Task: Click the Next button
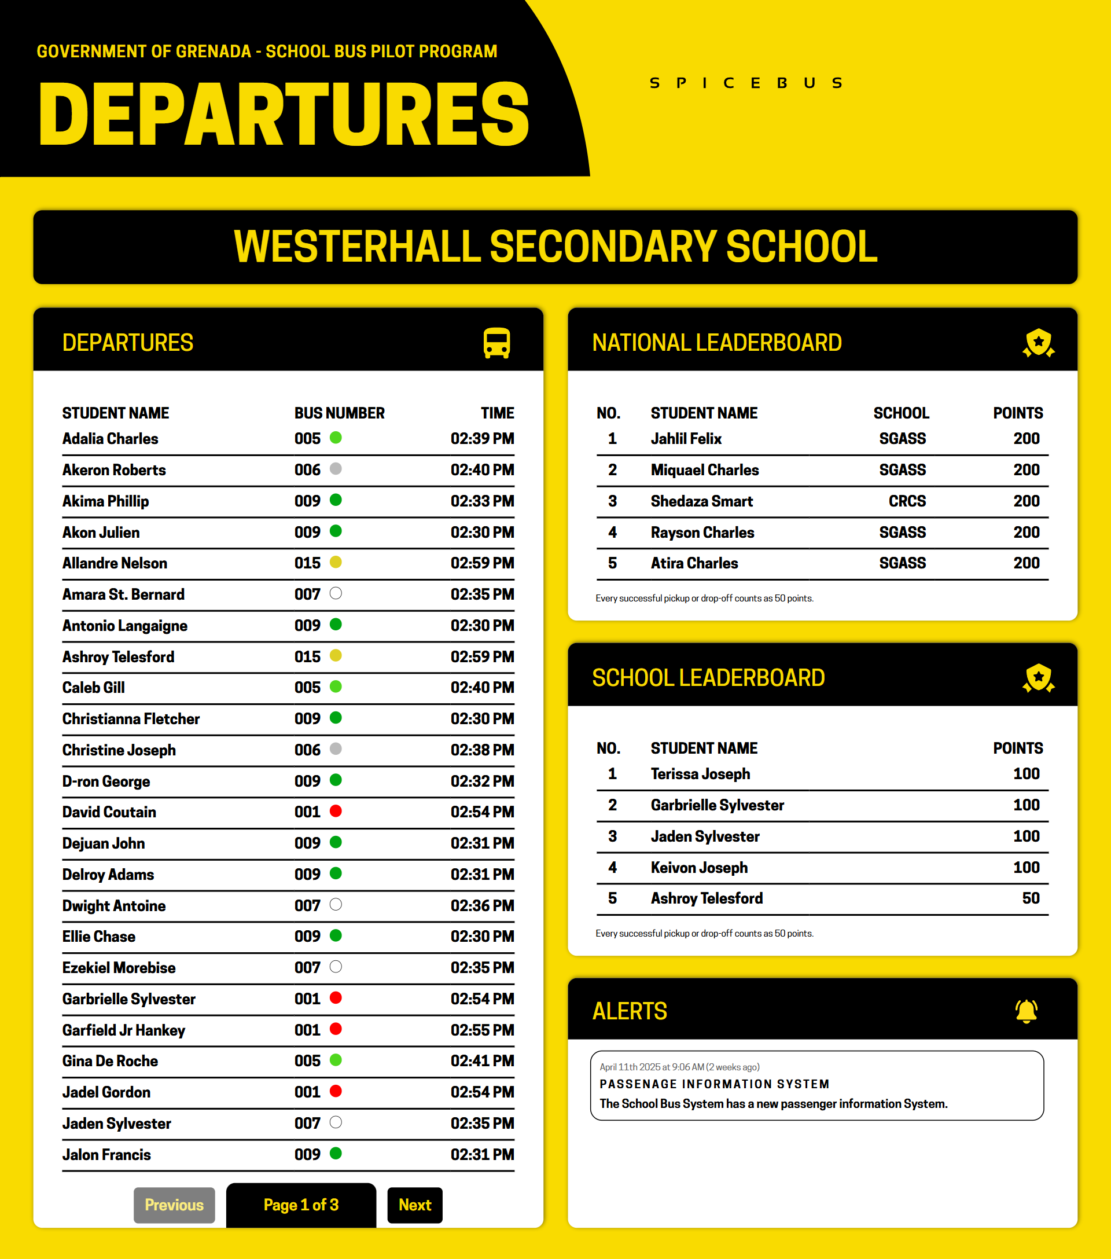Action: [414, 1205]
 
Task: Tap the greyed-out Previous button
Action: [174, 1205]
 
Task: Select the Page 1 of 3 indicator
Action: [301, 1205]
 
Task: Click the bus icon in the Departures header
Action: [496, 343]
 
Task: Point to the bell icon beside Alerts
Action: [1026, 1011]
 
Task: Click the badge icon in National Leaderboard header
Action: [1038, 343]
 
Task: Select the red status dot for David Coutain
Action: [336, 811]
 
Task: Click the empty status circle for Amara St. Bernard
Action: [336, 594]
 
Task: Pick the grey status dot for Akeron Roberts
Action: [336, 469]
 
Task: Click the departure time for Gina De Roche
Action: [482, 1060]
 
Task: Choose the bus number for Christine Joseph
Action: [307, 750]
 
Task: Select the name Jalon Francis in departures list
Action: [106, 1154]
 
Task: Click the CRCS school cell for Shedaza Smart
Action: [907, 501]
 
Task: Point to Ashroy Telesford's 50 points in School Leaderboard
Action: [1031, 898]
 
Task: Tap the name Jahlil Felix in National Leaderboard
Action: [686, 439]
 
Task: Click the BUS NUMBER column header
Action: [339, 413]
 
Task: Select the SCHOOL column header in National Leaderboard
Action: [901, 413]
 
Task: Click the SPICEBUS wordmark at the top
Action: [746, 83]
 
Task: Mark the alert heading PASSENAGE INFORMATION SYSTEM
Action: [715, 1084]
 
